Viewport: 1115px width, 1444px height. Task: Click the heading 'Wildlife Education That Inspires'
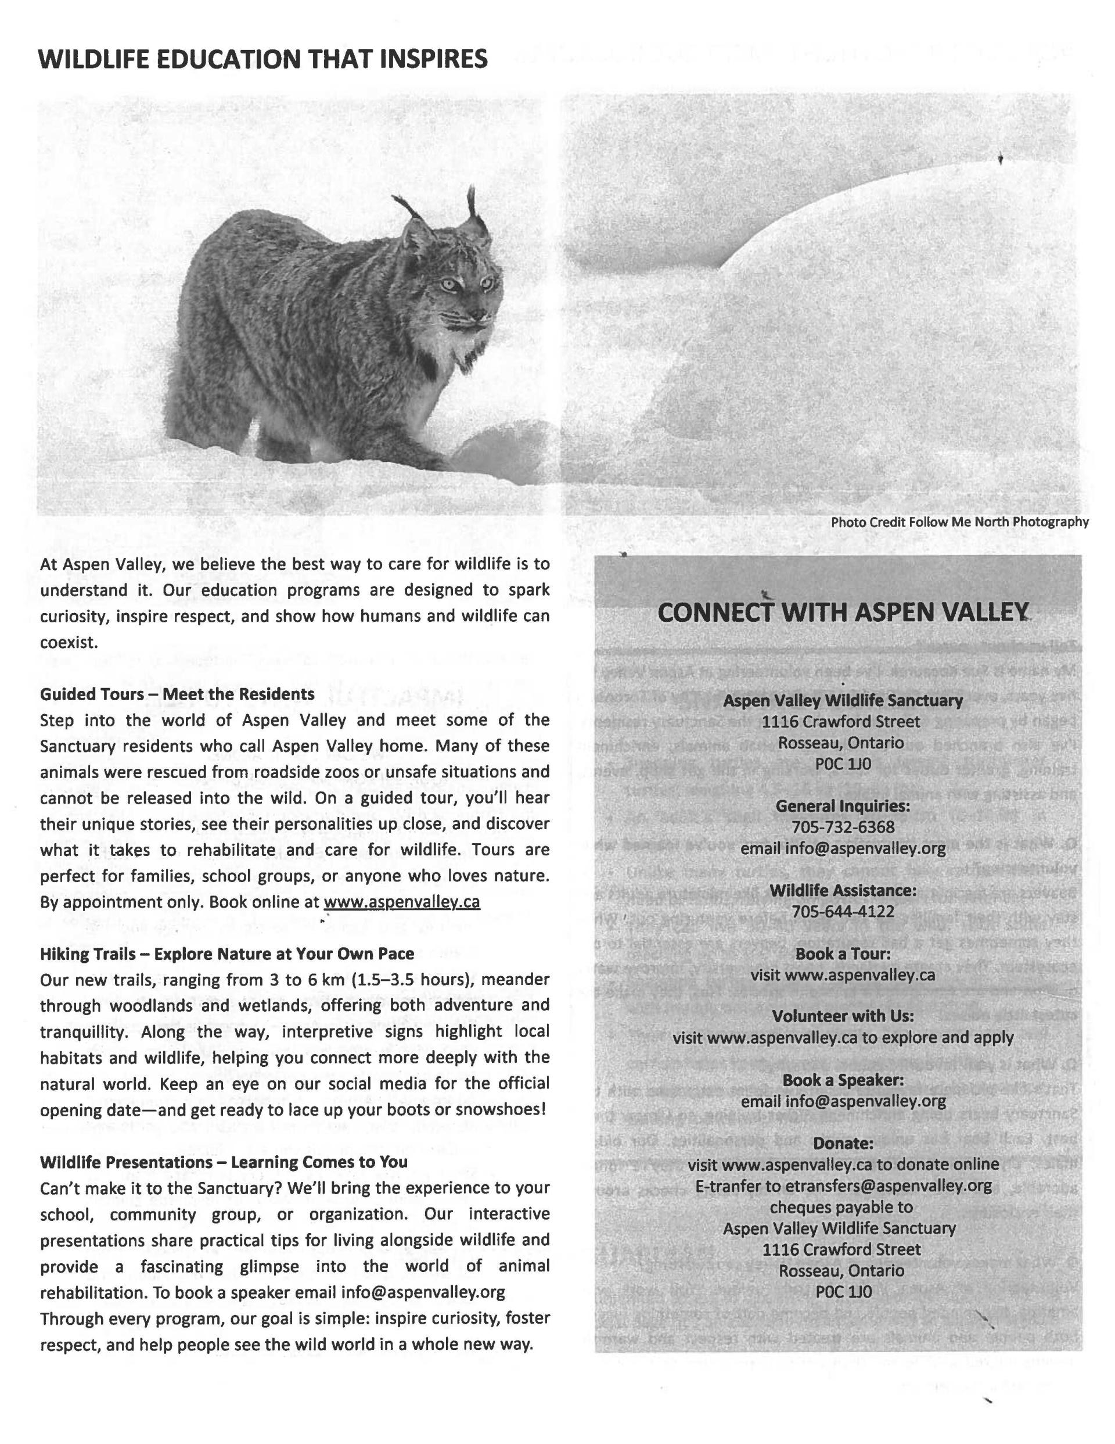(x=263, y=59)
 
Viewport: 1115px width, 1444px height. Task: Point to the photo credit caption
(x=959, y=522)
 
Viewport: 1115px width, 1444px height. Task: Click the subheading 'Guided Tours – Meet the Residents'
(x=177, y=694)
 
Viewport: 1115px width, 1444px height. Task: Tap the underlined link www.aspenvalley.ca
(x=401, y=902)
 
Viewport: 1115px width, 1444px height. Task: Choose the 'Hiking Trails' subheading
(x=226, y=954)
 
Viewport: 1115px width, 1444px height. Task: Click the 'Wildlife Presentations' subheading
(x=224, y=1162)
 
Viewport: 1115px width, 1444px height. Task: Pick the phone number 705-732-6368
(x=843, y=827)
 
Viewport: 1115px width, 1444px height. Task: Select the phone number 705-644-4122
(x=843, y=911)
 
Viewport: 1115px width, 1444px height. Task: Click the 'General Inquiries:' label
(x=843, y=806)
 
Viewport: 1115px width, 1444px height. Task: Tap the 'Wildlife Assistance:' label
(x=843, y=890)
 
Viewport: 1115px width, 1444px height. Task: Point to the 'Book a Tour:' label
(x=843, y=954)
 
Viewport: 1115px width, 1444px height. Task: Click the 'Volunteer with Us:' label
(x=843, y=1016)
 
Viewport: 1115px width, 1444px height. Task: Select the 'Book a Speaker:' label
(x=843, y=1080)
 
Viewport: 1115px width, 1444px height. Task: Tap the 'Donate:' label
(x=843, y=1143)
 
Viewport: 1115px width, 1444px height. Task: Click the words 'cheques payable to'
(x=841, y=1207)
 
